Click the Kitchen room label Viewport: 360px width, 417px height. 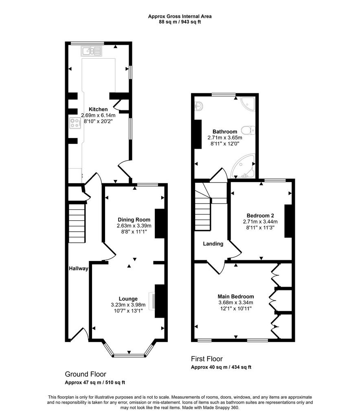coord(98,109)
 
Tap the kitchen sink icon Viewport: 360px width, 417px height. coord(92,51)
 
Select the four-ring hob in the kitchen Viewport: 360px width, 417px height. coord(75,123)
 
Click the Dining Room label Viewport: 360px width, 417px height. coord(134,219)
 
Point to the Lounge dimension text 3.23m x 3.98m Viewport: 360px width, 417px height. coord(128,305)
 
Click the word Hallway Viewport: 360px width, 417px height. coord(79,269)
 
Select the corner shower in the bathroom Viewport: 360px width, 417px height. coord(247,103)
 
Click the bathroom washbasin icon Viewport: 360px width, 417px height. coord(199,106)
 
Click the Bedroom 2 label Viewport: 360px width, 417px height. coord(260,216)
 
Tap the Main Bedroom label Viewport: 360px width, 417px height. coord(236,296)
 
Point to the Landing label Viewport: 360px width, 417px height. coord(213,244)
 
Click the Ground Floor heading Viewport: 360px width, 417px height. coord(86,374)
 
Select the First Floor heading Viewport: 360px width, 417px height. coord(207,359)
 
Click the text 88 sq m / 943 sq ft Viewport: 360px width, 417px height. coord(180,22)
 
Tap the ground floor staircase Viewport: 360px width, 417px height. coord(77,223)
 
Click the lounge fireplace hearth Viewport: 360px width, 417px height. coord(152,301)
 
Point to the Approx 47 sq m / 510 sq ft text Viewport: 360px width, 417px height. coord(95,383)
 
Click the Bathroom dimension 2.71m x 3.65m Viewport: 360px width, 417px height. coord(225,138)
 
